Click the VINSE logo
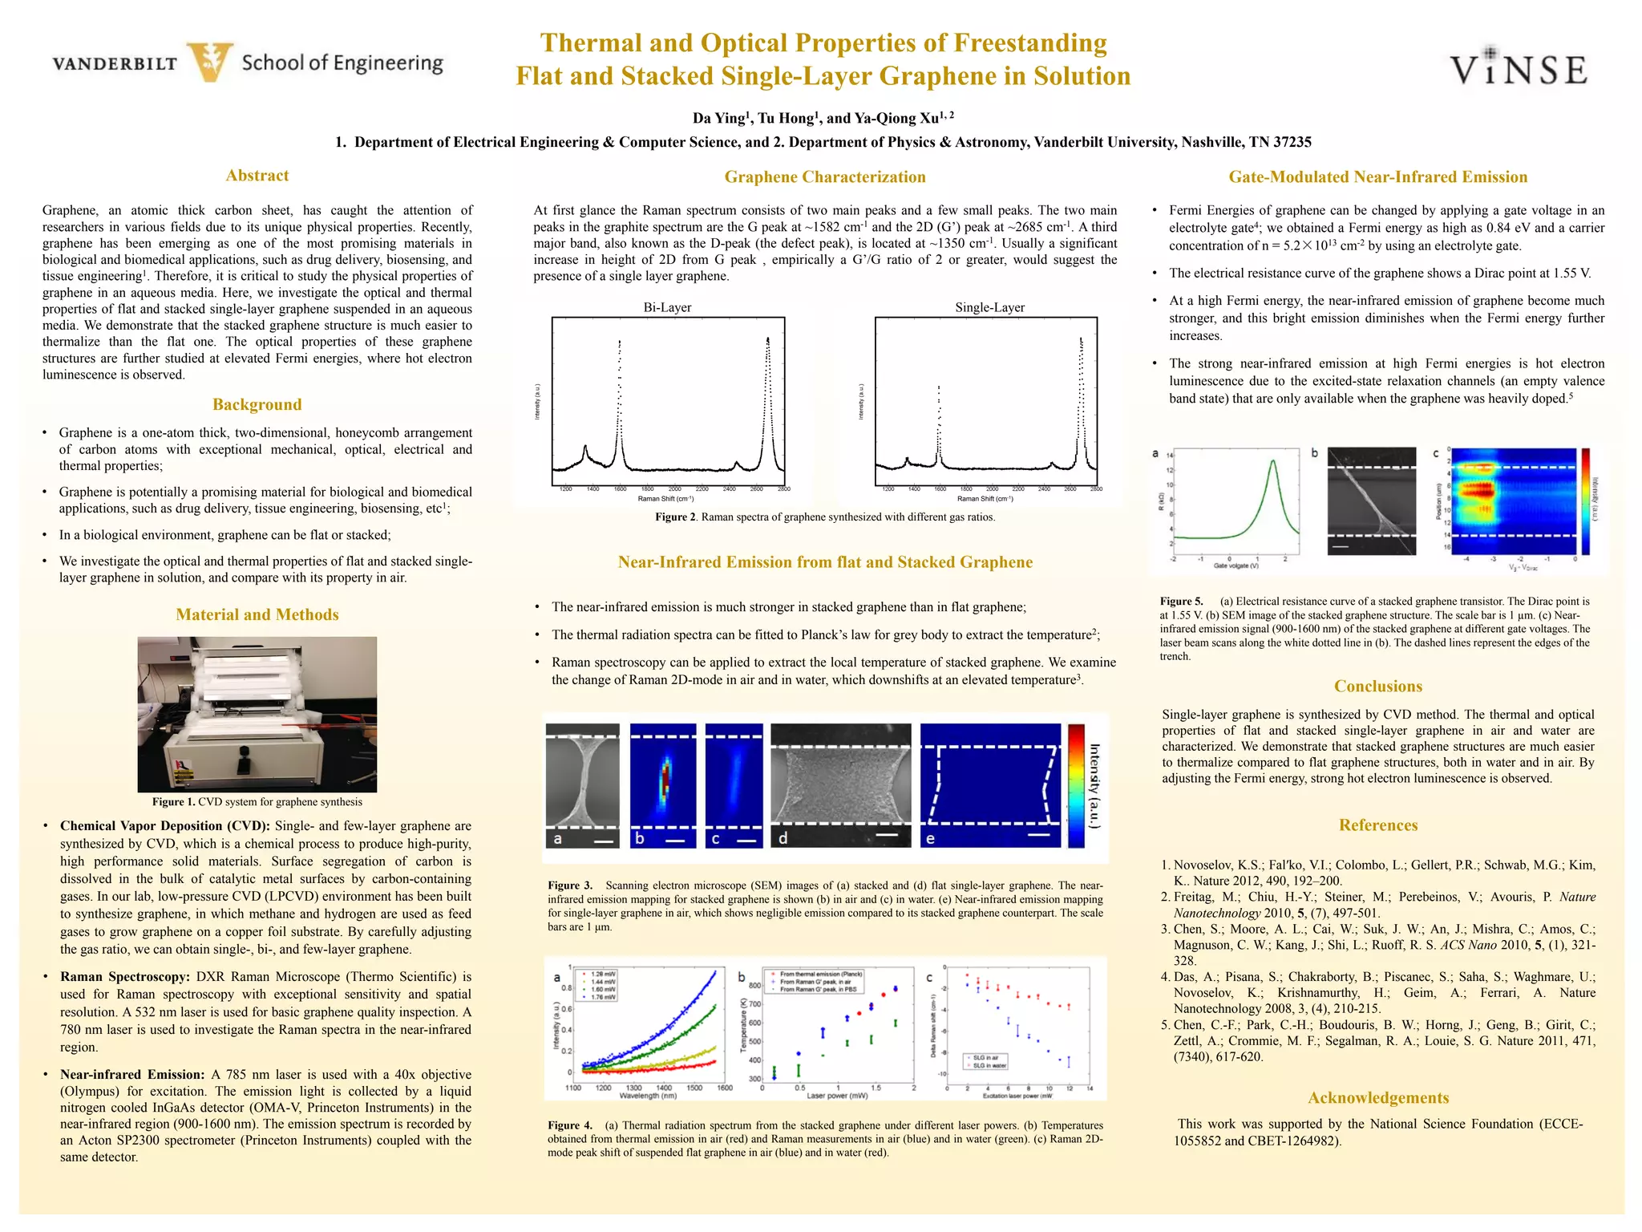[1519, 68]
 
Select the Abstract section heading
[257, 176]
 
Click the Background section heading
[257, 404]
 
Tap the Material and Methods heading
[257, 614]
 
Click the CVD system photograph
[257, 714]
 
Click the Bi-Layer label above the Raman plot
[667, 307]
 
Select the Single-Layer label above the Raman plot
[989, 307]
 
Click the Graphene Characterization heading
[824, 177]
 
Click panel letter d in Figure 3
[783, 838]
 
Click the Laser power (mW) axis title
[837, 1096]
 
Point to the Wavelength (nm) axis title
[648, 1096]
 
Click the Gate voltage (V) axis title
[1236, 566]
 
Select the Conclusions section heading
[1377, 687]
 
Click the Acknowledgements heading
[1377, 1098]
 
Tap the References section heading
[1377, 825]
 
